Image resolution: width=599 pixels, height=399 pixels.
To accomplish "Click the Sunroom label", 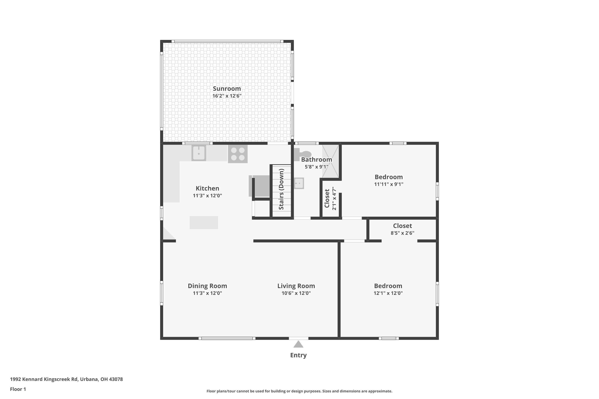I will [x=227, y=89].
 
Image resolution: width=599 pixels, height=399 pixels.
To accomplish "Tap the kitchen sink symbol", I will [x=199, y=153].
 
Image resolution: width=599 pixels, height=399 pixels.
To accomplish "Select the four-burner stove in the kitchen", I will [x=238, y=154].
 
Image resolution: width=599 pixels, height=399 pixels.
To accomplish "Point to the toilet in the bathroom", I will [x=303, y=154].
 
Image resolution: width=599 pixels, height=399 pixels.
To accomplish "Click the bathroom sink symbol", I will [x=299, y=183].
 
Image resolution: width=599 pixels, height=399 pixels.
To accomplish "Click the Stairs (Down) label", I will [x=281, y=189].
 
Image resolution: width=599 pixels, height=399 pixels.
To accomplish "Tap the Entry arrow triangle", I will [x=298, y=345].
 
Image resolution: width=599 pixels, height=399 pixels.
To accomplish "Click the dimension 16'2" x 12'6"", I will [x=227, y=96].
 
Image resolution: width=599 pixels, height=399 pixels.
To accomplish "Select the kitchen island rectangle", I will [x=204, y=223].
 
